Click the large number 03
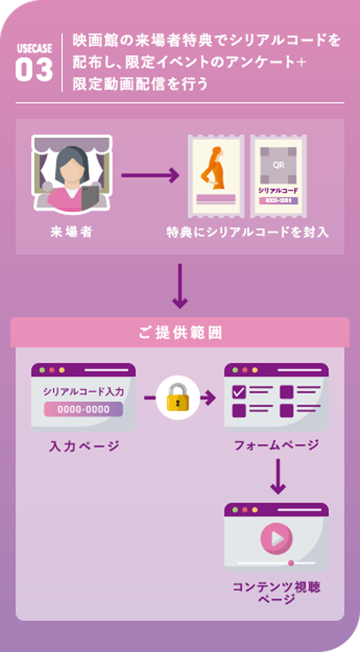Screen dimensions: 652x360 click(x=34, y=70)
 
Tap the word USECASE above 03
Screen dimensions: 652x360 click(x=34, y=50)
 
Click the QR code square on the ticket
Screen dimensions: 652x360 click(x=278, y=165)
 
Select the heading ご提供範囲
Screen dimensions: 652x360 click(x=180, y=332)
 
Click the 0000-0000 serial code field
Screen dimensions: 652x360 click(x=83, y=409)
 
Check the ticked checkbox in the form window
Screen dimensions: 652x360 click(x=239, y=392)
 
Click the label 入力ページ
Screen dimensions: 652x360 click(x=84, y=446)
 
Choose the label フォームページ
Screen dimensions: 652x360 click(x=276, y=445)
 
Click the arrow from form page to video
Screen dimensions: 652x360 click(x=278, y=476)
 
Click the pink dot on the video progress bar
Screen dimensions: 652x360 click(x=291, y=563)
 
